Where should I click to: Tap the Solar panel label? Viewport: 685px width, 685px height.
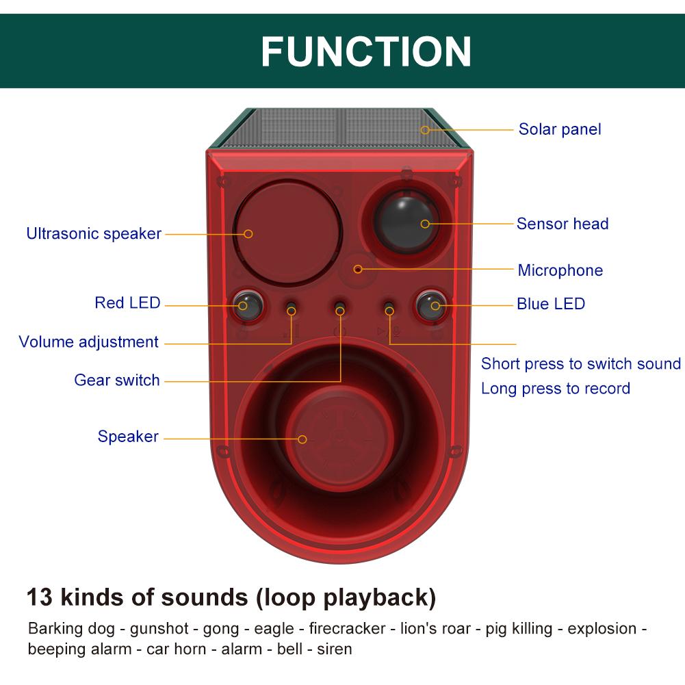(x=559, y=129)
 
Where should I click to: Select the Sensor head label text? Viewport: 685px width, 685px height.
(x=562, y=224)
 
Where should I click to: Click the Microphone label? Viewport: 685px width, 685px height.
(x=560, y=270)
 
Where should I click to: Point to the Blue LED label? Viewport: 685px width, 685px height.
(x=551, y=304)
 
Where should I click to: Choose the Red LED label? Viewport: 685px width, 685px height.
(x=127, y=302)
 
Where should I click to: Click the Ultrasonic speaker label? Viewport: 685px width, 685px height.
(x=94, y=233)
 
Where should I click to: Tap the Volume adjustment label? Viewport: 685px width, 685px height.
(x=89, y=341)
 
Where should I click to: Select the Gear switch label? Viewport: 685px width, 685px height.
(x=117, y=380)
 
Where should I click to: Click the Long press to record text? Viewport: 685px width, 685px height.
(x=555, y=389)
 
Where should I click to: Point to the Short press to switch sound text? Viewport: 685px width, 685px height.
(x=580, y=363)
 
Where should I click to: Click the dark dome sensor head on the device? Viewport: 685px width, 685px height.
(x=406, y=220)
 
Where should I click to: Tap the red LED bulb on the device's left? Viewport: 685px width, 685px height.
(x=244, y=304)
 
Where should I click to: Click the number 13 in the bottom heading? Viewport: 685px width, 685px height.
(x=40, y=597)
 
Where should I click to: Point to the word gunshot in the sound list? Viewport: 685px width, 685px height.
(x=157, y=628)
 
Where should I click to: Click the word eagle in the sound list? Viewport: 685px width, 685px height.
(x=274, y=628)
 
